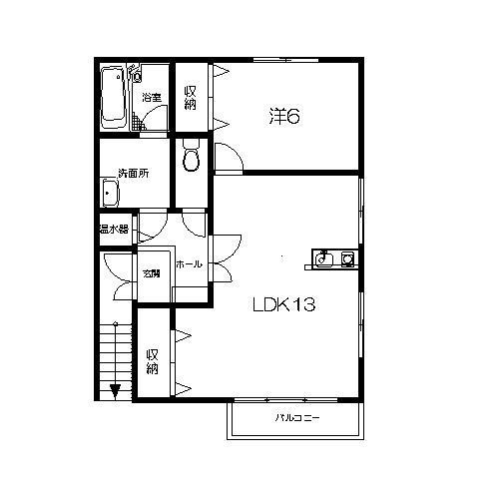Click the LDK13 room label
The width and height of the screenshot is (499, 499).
click(284, 304)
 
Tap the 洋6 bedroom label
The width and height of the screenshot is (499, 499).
click(284, 117)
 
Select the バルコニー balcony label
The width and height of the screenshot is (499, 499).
click(297, 418)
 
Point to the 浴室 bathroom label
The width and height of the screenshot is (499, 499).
click(152, 98)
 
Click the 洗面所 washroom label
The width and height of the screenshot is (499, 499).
click(134, 174)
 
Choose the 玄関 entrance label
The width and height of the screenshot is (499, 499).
click(152, 273)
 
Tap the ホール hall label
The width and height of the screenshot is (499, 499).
click(189, 264)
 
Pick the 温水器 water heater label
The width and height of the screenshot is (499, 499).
click(114, 229)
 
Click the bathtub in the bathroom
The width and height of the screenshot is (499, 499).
click(114, 99)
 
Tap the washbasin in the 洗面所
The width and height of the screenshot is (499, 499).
click(111, 193)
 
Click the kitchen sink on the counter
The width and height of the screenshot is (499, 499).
click(323, 258)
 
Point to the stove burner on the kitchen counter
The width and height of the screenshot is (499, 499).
click(347, 258)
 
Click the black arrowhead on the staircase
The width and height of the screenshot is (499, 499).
click(115, 391)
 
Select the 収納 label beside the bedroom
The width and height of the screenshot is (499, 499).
click(191, 98)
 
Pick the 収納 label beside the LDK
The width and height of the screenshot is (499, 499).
click(152, 361)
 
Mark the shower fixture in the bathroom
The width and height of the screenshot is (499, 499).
click(135, 74)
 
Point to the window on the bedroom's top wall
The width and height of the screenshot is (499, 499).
click(285, 60)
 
